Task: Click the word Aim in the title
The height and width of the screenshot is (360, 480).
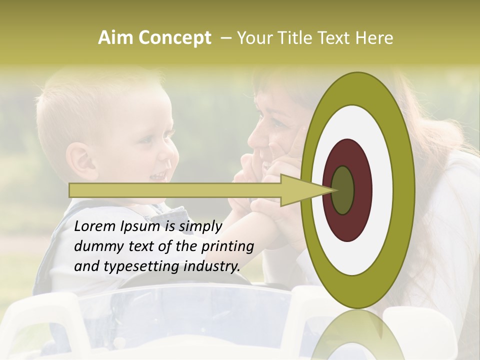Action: click(116, 38)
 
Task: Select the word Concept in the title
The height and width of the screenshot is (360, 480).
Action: click(174, 38)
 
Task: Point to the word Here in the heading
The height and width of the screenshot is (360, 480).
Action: click(374, 38)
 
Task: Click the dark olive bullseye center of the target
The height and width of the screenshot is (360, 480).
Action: click(343, 190)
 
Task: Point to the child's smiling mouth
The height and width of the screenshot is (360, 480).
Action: click(159, 175)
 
